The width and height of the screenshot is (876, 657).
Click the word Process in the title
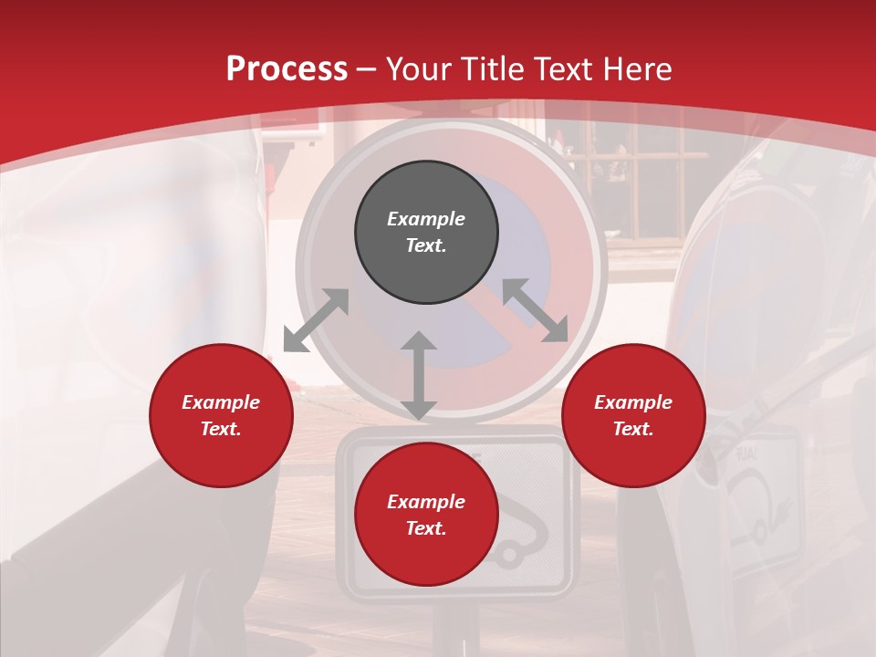pyautogui.click(x=287, y=69)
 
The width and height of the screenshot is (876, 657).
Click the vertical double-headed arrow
pyautogui.click(x=419, y=375)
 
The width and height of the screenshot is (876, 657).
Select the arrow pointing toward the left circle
pyautogui.click(x=316, y=320)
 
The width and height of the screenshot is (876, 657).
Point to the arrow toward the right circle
pyautogui.click(x=535, y=310)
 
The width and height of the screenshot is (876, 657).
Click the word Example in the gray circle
pyautogui.click(x=426, y=219)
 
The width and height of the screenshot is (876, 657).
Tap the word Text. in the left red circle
pyautogui.click(x=221, y=429)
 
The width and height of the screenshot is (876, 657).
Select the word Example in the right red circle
pyautogui.click(x=633, y=402)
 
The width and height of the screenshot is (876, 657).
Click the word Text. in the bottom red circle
pyautogui.click(x=426, y=528)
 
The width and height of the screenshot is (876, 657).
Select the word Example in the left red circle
pyautogui.click(x=221, y=402)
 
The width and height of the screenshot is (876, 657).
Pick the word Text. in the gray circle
pyautogui.click(x=426, y=245)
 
